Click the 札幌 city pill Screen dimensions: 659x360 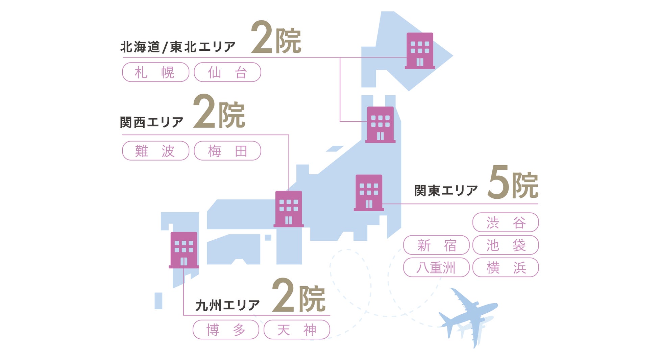155,72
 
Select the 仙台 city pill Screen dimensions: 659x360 227,72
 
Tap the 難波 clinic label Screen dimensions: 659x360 155,151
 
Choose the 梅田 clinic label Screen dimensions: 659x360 227,151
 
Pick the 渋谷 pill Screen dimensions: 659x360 506,222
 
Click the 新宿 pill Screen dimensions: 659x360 436,245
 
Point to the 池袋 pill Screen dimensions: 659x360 506,245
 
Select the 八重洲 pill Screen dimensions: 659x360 436,267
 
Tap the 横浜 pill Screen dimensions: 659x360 506,267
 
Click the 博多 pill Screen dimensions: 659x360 226,330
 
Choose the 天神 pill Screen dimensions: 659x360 297,330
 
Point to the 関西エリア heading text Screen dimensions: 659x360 152,122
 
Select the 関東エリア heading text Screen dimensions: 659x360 446,191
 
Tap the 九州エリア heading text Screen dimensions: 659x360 227,305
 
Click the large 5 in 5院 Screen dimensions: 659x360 498,182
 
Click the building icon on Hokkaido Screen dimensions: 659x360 420,51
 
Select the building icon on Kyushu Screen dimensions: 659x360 184,250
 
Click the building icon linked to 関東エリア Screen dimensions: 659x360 369,193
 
